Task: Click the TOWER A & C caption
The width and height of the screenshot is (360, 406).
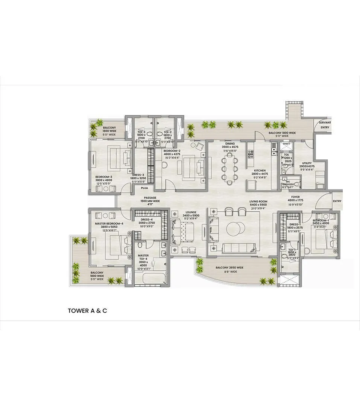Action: pyautogui.click(x=87, y=311)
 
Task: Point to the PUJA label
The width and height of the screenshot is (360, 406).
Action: pyautogui.click(x=144, y=188)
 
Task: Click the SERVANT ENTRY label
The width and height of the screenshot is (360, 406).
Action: pyautogui.click(x=325, y=125)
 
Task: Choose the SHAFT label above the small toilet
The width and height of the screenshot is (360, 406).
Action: pyautogui.click(x=287, y=143)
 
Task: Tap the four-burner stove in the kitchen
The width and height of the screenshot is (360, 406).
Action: pyautogui.click(x=251, y=153)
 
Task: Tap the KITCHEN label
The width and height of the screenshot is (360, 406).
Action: pyautogui.click(x=260, y=170)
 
